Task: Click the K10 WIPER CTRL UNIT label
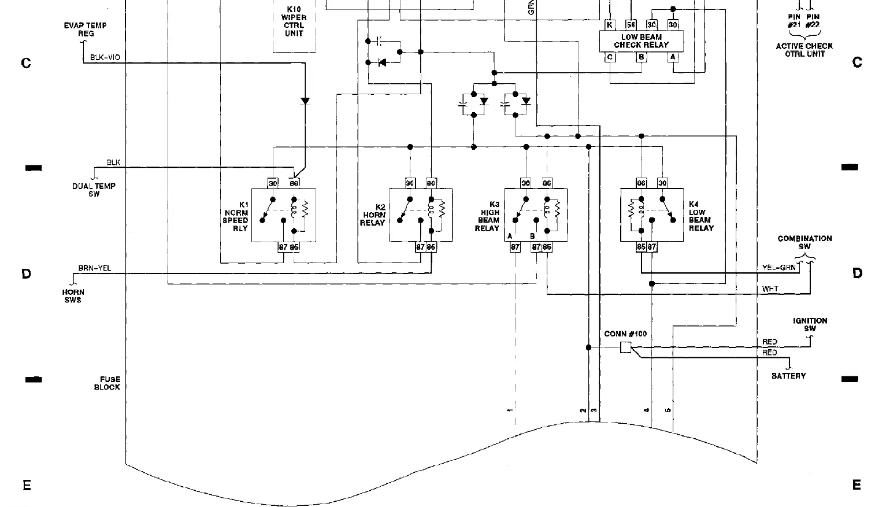294,21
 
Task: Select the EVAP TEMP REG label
85,29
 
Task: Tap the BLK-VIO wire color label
105,58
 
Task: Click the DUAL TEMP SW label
94,190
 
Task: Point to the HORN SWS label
73,296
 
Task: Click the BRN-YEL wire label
95,269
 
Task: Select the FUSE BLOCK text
107,383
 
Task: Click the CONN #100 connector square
625,347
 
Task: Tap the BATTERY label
788,376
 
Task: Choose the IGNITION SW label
810,324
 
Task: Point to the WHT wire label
770,289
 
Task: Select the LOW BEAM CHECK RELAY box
641,41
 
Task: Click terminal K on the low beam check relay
609,25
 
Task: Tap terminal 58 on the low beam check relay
631,25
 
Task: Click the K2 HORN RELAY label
373,215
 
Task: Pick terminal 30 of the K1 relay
273,183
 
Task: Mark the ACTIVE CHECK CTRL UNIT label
804,50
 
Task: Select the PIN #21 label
794,21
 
